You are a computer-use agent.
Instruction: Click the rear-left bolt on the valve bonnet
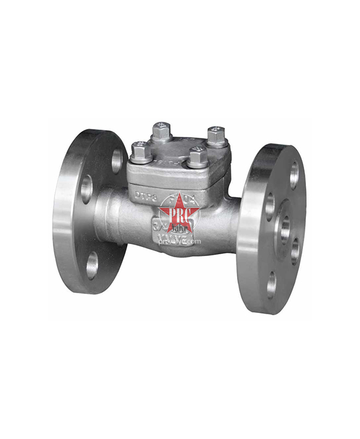tap(161, 131)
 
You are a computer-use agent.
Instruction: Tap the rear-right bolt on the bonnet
tap(216, 136)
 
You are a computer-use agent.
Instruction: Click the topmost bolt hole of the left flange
tap(116, 160)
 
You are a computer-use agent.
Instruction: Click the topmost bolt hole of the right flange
tap(294, 175)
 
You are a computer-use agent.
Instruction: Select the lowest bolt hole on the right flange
tap(271, 284)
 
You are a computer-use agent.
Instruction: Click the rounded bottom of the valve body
tap(180, 251)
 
